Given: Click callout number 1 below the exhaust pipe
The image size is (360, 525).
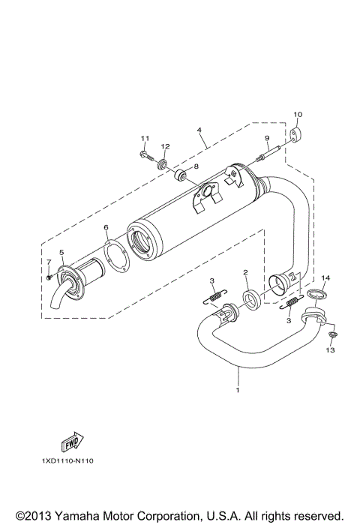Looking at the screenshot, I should (x=238, y=391).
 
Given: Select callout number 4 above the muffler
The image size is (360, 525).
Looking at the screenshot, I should (x=199, y=130).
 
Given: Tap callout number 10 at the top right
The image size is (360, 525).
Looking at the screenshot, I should (x=297, y=114).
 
